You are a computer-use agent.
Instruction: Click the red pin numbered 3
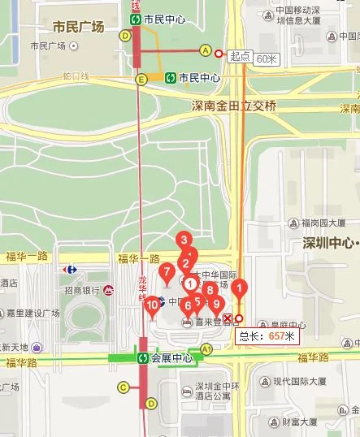point(184,240)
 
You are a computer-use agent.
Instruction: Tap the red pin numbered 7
point(167,272)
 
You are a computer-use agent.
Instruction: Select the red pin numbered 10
point(152,305)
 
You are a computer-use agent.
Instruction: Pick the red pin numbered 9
point(215,304)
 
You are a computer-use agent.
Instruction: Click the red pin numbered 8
point(210,290)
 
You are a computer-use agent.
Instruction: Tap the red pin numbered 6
point(188,306)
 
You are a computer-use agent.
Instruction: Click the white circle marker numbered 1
point(189,283)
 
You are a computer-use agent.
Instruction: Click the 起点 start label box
point(240,57)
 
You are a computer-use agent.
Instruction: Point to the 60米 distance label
point(267,58)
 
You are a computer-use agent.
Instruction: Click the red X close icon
point(228,318)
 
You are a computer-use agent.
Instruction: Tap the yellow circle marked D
point(124,36)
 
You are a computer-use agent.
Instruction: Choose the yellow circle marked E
point(141,79)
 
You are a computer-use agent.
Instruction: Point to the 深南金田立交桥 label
point(234,106)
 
